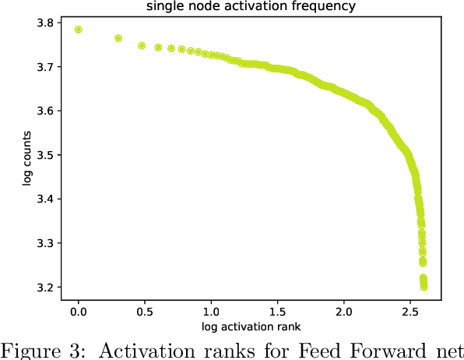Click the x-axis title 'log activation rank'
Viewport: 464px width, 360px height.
tap(251, 325)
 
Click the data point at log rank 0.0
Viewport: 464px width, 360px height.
tap(79, 30)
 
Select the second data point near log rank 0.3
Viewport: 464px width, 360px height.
tap(118, 38)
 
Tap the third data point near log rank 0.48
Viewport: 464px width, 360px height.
tap(142, 45)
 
